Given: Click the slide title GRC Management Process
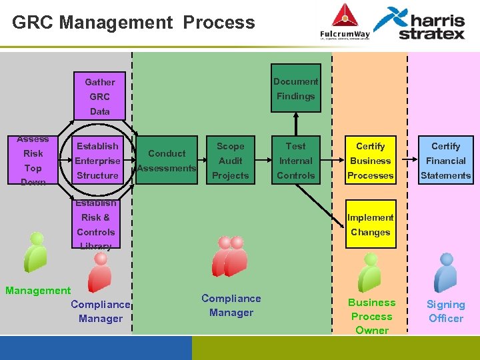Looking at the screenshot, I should pyautogui.click(x=133, y=23).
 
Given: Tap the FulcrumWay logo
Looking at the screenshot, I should pyautogui.click(x=344, y=23).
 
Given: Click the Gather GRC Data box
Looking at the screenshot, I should pyautogui.click(x=100, y=96).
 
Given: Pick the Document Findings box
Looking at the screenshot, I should pyautogui.click(x=295, y=89).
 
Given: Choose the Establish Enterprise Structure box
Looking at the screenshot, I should pyautogui.click(x=97, y=161).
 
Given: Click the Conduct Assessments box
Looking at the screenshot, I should pyautogui.click(x=167, y=161).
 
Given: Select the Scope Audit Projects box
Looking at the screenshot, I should pyautogui.click(x=230, y=161).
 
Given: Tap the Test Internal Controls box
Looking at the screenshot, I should pyautogui.click(x=295, y=161).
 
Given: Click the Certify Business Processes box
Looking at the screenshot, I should pyautogui.click(x=370, y=161).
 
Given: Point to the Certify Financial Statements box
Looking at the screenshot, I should pyautogui.click(x=445, y=161).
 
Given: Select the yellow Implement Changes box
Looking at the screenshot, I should pyautogui.click(x=370, y=225).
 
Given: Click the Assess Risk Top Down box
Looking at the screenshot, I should pyautogui.click(x=33, y=161).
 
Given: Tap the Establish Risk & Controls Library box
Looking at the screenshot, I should pyautogui.click(x=96, y=225).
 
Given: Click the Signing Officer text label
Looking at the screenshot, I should pyautogui.click(x=445, y=311).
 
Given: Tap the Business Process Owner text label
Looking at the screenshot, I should pyautogui.click(x=371, y=316).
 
